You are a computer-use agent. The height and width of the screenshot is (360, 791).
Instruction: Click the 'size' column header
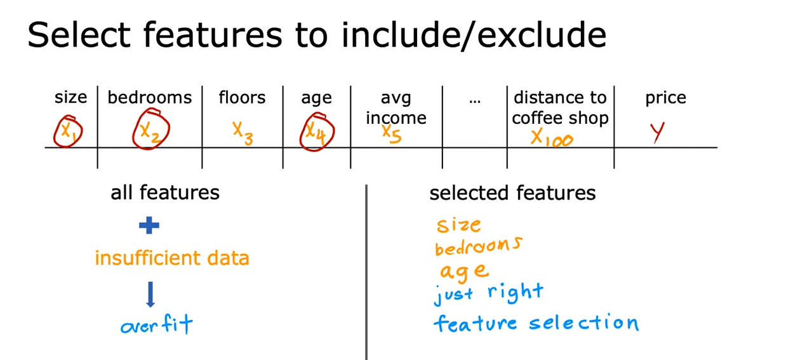(x=70, y=97)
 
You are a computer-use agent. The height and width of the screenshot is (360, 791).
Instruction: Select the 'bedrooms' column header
(x=150, y=97)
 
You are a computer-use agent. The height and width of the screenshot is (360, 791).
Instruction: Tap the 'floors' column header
(x=242, y=97)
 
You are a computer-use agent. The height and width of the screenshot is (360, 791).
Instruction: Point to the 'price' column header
(x=666, y=98)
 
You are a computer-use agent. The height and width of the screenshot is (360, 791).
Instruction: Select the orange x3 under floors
(x=243, y=133)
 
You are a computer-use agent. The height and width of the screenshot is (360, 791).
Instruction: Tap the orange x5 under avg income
(x=391, y=134)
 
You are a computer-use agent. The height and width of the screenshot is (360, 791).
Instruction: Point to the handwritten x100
(x=552, y=138)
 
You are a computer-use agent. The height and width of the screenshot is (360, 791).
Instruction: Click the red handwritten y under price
(x=658, y=132)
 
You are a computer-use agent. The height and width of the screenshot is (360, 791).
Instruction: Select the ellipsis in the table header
(x=475, y=102)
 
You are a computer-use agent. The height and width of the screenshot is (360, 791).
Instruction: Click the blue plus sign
(x=149, y=225)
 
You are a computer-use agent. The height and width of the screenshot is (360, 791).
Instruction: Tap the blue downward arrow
(x=150, y=295)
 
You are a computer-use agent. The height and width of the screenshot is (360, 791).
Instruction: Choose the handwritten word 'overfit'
(x=157, y=324)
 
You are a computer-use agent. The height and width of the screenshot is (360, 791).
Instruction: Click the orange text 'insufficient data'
(x=172, y=258)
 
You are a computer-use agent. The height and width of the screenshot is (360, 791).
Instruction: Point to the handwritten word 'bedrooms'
(x=479, y=246)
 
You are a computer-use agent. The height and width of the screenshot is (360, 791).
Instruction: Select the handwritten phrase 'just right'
(x=489, y=293)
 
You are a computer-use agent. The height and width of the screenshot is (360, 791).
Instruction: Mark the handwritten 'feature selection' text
(x=536, y=323)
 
